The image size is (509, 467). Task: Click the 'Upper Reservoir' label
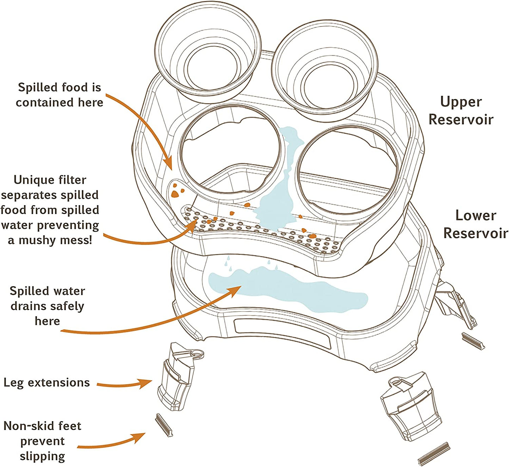461,110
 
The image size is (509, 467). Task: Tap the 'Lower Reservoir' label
476,224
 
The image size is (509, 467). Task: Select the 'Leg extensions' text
46,382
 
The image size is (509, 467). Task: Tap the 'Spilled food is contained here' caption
59,95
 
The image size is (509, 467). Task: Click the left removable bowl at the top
208,53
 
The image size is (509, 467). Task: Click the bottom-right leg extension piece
410,405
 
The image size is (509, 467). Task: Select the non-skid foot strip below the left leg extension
164,425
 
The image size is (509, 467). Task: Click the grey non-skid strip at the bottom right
434,454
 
